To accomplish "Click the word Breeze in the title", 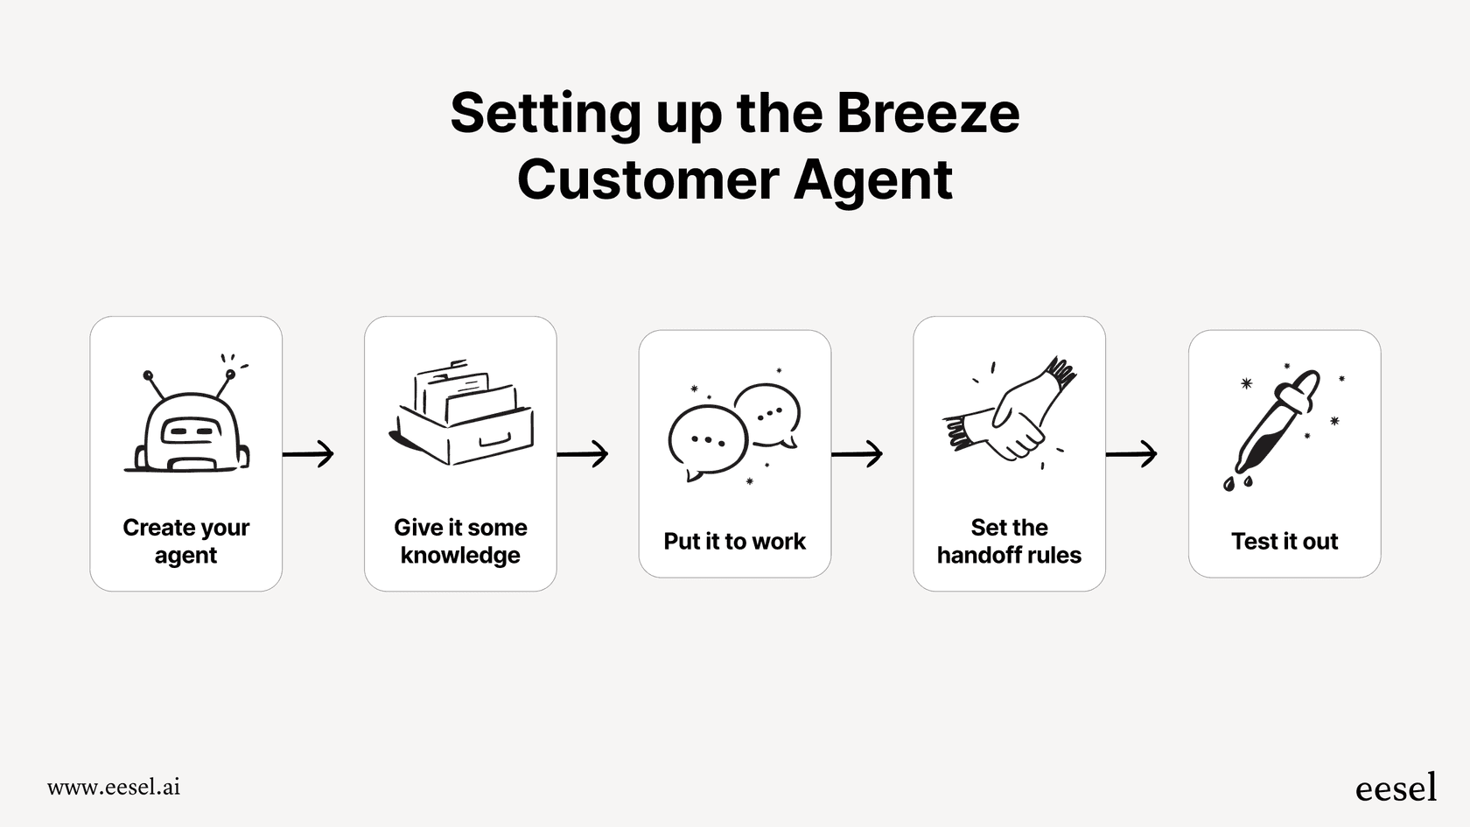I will (x=927, y=114).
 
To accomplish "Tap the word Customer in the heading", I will (x=647, y=180).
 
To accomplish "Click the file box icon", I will (x=462, y=413).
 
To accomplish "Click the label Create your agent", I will (x=185, y=541).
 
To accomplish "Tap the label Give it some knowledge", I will (x=460, y=541).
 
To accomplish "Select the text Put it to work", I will (x=734, y=542).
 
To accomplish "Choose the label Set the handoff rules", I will (x=1009, y=541).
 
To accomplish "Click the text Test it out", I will (x=1284, y=542).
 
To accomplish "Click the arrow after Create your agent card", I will (x=309, y=454).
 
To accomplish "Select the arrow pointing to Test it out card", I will (x=1131, y=454).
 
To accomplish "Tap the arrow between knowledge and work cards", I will (x=583, y=454).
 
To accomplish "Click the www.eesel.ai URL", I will (x=114, y=787).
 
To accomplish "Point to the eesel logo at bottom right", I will (x=1396, y=788).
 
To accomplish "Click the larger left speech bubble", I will (x=707, y=440).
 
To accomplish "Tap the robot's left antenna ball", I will (x=148, y=376).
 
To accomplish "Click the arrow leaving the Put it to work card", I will (x=857, y=454).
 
